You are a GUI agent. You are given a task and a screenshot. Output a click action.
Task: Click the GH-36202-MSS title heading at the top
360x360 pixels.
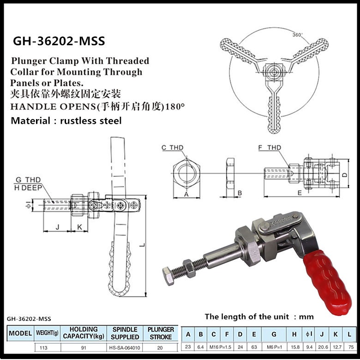(59, 41)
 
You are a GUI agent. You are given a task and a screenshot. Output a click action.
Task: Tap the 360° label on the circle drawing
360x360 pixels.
(298, 35)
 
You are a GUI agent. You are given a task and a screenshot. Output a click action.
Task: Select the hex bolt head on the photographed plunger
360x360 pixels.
(168, 275)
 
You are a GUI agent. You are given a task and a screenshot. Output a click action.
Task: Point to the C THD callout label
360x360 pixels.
(172, 148)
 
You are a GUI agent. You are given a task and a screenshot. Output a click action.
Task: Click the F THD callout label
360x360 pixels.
(270, 148)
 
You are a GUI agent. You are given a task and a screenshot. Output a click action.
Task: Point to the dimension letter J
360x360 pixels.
(57, 226)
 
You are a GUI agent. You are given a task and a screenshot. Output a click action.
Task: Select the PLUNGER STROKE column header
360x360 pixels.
(161, 333)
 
